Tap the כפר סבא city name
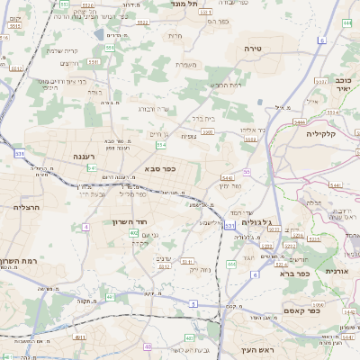click(x=158, y=168)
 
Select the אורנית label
click(x=335, y=270)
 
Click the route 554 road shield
click(x=161, y=144)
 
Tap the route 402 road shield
click(x=133, y=233)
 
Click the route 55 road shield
click(x=247, y=171)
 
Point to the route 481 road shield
click(x=79, y=337)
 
